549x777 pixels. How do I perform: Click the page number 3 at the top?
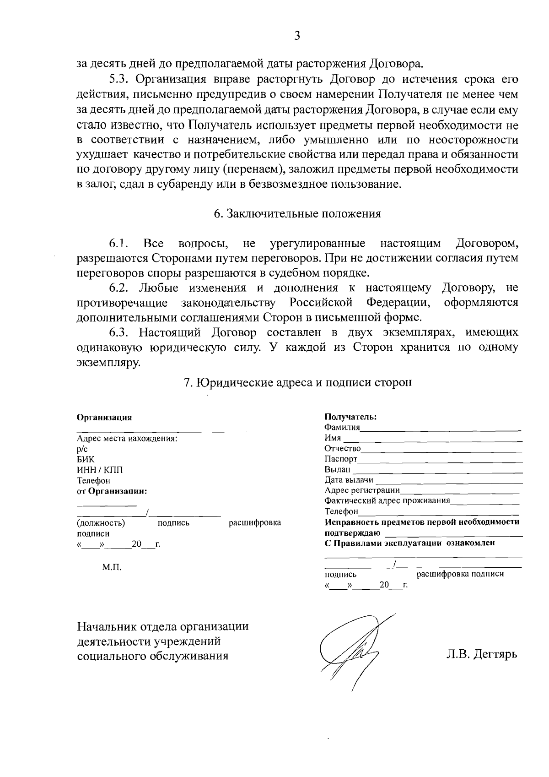[x=297, y=36]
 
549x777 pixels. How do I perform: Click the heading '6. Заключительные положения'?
[x=297, y=214]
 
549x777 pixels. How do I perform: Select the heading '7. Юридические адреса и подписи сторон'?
[x=297, y=382]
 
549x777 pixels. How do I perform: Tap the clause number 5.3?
[x=120, y=79]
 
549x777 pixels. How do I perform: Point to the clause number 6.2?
[x=120, y=288]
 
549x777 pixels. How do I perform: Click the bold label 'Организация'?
[x=104, y=418]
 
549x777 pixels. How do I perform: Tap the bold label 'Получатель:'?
[x=350, y=417]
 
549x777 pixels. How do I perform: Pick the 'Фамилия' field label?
[x=342, y=428]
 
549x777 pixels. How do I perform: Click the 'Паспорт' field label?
[x=340, y=459]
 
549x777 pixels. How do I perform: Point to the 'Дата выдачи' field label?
[x=349, y=480]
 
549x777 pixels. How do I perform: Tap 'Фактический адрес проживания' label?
[x=387, y=501]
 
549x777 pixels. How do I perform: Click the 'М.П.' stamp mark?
[x=112, y=568]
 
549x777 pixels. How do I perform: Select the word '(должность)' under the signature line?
[x=101, y=523]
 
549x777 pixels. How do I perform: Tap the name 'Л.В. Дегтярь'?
[x=482, y=654]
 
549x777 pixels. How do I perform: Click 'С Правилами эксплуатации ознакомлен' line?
[x=409, y=543]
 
